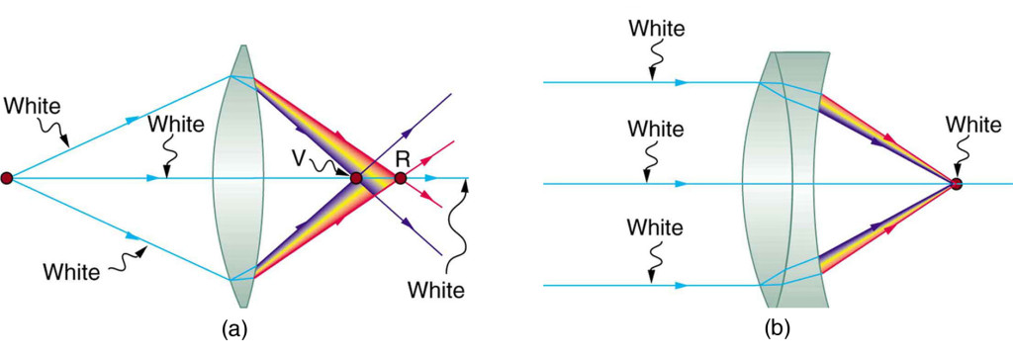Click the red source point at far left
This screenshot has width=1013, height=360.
[x=7, y=178]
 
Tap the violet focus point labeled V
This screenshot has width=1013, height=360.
[x=356, y=178]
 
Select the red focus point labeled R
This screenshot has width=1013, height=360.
[x=400, y=178]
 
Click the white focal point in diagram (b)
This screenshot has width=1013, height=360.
[x=956, y=184]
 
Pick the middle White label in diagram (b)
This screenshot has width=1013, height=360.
[x=656, y=129]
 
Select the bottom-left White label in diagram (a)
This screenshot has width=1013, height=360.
[x=71, y=269]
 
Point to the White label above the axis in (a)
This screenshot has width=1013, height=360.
[x=175, y=125]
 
